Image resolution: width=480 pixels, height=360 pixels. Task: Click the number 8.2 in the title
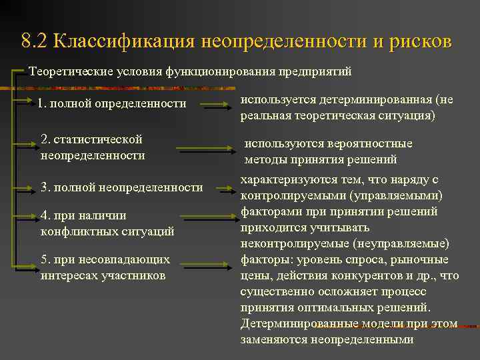point(34,42)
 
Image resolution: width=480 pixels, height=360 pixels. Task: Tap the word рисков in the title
point(420,42)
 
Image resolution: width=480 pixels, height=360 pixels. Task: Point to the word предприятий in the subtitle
point(314,71)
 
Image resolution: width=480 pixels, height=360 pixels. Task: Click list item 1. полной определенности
point(112,103)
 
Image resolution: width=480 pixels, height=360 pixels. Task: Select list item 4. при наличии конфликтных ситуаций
point(107,223)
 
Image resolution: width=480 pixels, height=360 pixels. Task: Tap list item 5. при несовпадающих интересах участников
point(105,267)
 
